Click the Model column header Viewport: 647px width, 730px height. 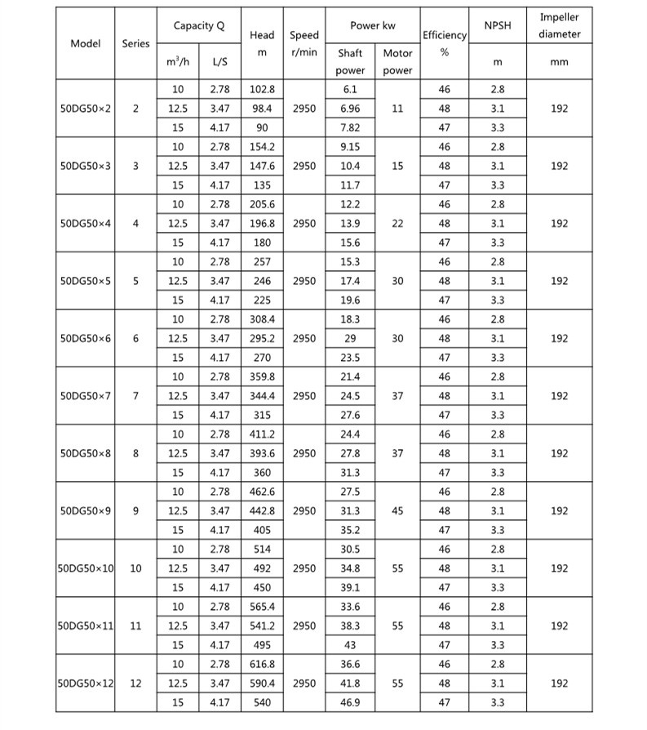(x=86, y=43)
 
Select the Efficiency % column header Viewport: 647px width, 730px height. (x=444, y=43)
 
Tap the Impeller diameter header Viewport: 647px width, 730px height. (x=559, y=25)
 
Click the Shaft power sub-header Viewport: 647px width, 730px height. (x=350, y=61)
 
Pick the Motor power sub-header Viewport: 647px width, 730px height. (x=397, y=61)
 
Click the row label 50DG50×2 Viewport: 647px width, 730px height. (x=86, y=109)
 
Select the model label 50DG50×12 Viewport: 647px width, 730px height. (x=86, y=683)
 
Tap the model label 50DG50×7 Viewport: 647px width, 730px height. (x=86, y=396)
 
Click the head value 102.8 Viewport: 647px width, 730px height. (x=262, y=89)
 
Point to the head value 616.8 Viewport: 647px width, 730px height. (x=262, y=664)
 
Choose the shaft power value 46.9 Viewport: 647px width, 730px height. (x=350, y=701)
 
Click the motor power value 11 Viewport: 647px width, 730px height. (x=397, y=109)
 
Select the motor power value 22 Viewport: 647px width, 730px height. (x=397, y=223)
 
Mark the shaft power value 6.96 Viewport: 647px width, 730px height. (x=350, y=109)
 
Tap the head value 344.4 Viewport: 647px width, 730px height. (x=262, y=396)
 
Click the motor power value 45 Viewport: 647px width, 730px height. (x=397, y=511)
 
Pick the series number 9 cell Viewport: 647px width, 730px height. (x=135, y=511)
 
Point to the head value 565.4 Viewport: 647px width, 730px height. (x=262, y=607)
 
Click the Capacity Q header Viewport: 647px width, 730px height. (x=198, y=26)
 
